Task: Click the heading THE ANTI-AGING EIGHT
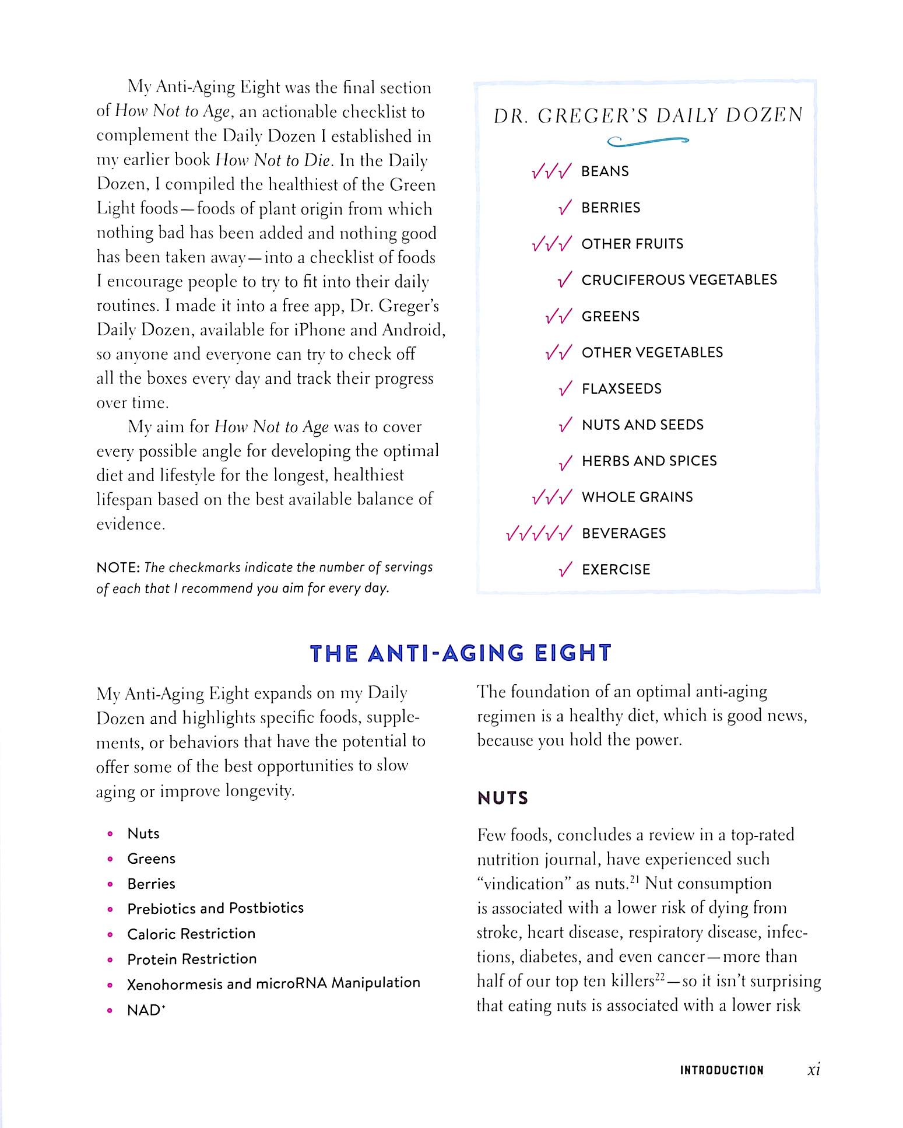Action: [x=461, y=653]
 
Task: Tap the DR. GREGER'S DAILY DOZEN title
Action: [x=648, y=116]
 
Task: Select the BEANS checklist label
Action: [x=605, y=171]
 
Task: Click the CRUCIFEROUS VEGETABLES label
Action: [x=679, y=280]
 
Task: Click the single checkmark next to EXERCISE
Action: [x=565, y=570]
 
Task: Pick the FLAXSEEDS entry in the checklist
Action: [x=621, y=389]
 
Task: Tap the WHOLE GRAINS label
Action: [x=637, y=498]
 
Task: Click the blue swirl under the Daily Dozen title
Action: [x=648, y=141]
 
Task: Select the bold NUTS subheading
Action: [x=503, y=798]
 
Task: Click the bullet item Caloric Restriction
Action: [x=191, y=934]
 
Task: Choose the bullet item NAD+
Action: [x=146, y=1010]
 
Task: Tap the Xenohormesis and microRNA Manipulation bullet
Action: [x=273, y=983]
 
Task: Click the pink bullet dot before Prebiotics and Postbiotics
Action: [x=110, y=909]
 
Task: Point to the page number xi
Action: [x=814, y=1070]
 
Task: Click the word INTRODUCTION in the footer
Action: [x=721, y=1070]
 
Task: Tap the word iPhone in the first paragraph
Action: [x=317, y=330]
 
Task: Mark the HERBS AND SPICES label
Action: [x=649, y=461]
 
